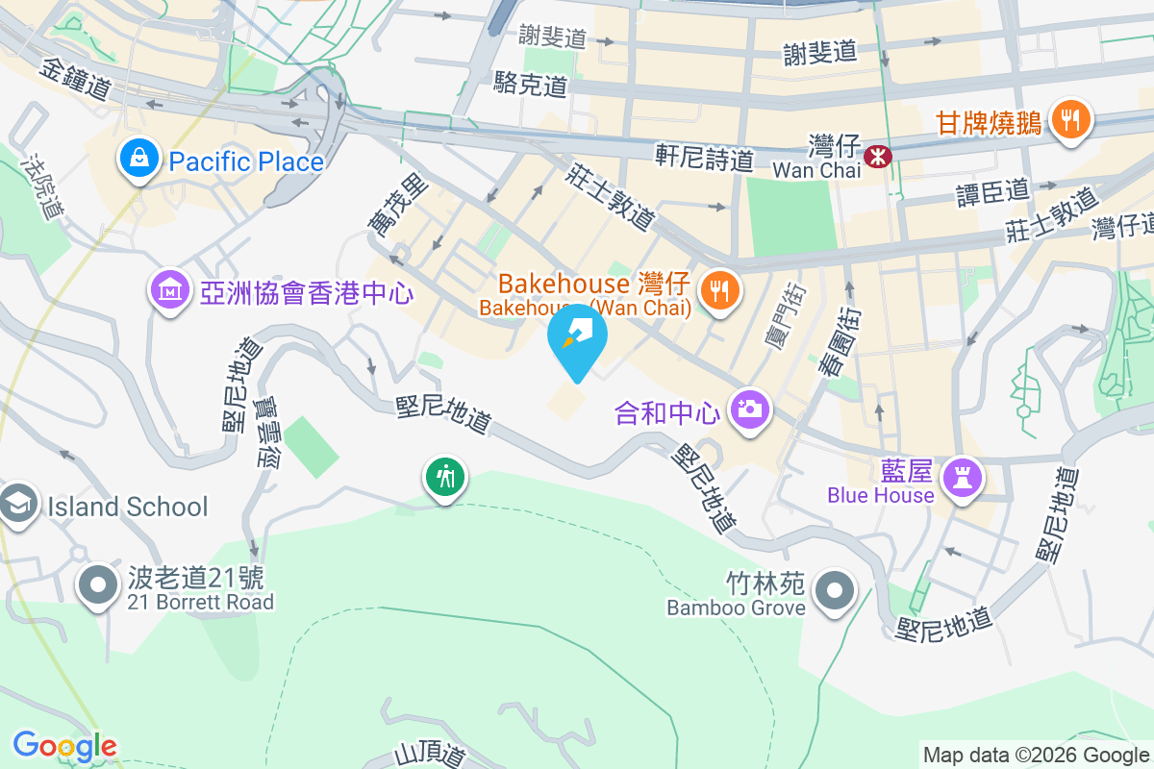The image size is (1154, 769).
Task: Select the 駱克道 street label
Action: pyautogui.click(x=530, y=84)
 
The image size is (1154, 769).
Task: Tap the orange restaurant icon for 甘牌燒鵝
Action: pyautogui.click(x=1068, y=120)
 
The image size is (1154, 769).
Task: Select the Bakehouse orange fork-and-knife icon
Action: pyautogui.click(x=717, y=289)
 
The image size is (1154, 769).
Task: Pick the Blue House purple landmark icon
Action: pyautogui.click(x=963, y=477)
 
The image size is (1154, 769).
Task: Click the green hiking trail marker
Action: pyautogui.click(x=444, y=476)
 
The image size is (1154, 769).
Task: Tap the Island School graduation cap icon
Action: pyautogui.click(x=18, y=504)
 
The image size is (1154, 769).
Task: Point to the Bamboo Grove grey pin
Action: pyautogui.click(x=834, y=589)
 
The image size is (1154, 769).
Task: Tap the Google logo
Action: pyautogui.click(x=64, y=746)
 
